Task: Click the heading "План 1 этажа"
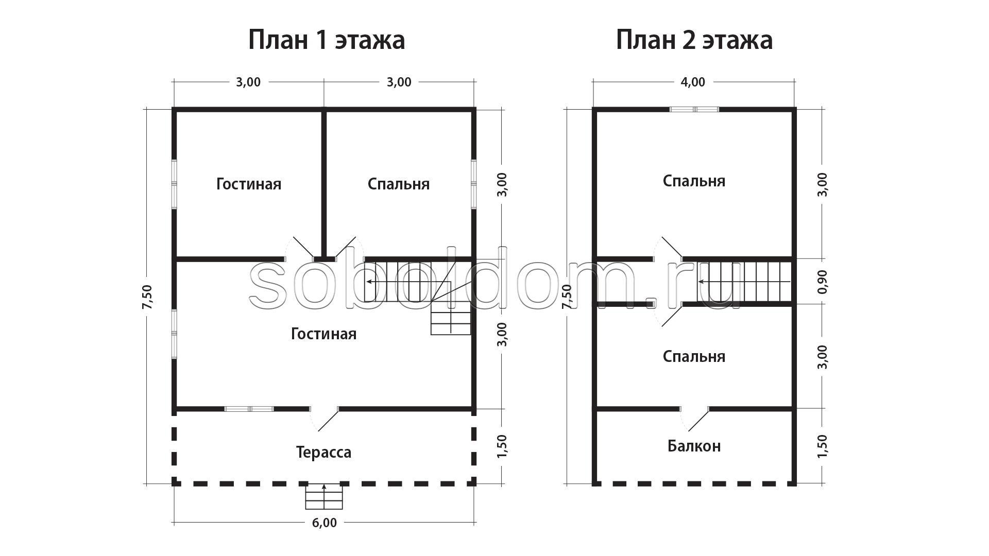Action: tap(327, 40)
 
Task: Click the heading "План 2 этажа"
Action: tap(694, 40)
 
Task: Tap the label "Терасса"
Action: tap(323, 453)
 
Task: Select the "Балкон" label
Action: tap(694, 446)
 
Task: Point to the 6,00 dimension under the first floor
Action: tap(324, 523)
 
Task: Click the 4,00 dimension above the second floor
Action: tap(693, 82)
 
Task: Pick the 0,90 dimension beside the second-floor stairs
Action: tap(822, 282)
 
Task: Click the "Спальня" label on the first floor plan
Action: tap(399, 184)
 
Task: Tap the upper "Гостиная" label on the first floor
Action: tap(249, 184)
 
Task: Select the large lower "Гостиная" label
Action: tap(323, 334)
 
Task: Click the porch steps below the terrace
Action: tap(324, 496)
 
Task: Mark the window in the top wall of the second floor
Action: tap(694, 109)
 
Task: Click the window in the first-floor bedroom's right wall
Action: tap(474, 184)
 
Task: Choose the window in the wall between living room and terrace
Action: tap(249, 409)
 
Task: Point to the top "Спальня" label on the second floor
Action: tap(694, 181)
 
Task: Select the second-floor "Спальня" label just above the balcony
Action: tap(694, 357)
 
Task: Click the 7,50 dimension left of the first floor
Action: tap(147, 297)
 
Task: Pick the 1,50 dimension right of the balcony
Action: tap(822, 446)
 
